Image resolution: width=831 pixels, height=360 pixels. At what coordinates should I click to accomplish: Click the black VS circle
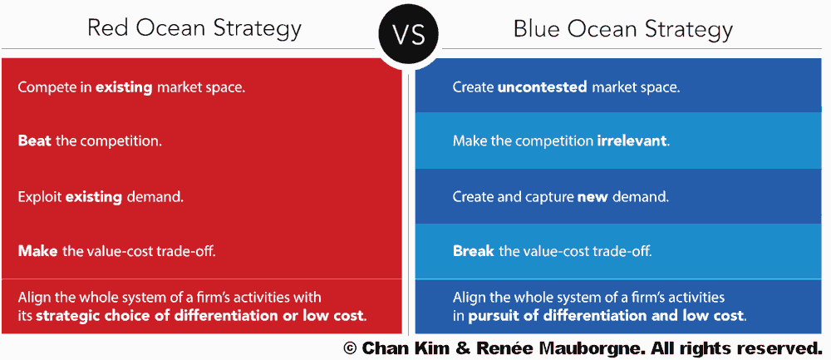(x=408, y=34)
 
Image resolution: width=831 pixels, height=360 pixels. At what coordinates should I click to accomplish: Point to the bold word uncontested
(x=542, y=87)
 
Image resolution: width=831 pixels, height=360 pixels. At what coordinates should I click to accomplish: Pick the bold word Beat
(x=35, y=141)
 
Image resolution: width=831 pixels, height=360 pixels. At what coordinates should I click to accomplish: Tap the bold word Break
(x=474, y=251)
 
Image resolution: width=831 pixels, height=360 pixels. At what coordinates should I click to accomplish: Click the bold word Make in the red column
(x=37, y=251)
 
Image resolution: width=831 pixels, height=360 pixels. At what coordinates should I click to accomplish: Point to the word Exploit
(x=40, y=198)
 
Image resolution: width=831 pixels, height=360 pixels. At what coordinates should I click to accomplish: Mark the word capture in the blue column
(x=553, y=198)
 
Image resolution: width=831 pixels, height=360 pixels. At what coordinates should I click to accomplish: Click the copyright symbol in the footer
(x=350, y=348)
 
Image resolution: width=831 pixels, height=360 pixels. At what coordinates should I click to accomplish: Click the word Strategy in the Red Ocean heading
(x=257, y=29)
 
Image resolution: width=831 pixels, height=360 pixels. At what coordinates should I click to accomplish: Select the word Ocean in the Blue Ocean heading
(x=599, y=28)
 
